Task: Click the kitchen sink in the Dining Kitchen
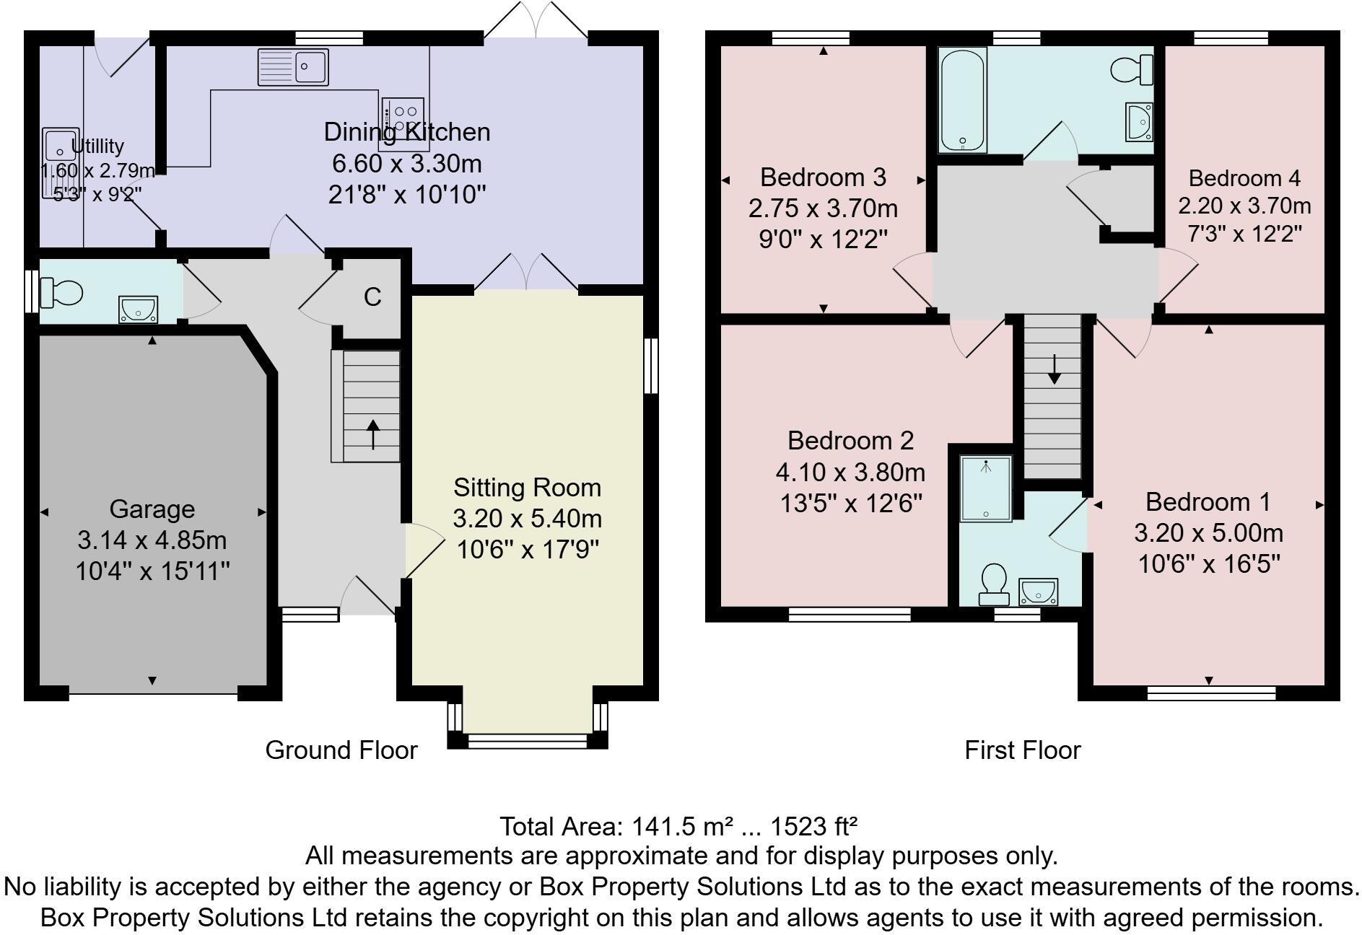292,66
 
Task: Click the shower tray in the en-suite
986,488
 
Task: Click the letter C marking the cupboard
372,297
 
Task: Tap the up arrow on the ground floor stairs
373,435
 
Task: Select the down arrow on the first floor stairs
1054,369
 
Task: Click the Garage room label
152,509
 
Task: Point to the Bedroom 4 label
1244,177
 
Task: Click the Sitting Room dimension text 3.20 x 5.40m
527,519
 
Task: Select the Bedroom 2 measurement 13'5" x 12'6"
851,503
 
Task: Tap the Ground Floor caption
341,750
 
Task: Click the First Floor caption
1022,750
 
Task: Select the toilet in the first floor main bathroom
1131,70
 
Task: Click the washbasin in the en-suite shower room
1038,592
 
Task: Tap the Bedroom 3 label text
823,177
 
